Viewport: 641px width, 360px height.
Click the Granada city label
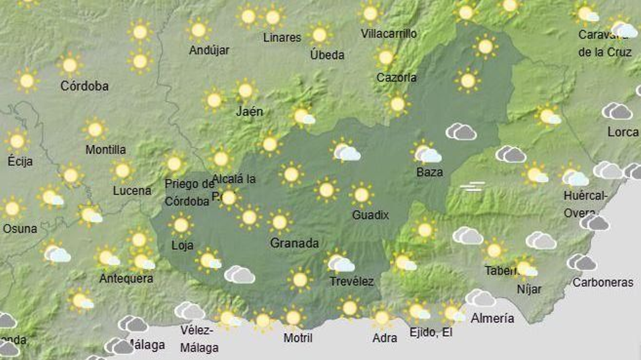pos(294,243)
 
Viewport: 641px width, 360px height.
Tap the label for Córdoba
pos(84,86)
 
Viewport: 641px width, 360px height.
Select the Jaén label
pos(249,111)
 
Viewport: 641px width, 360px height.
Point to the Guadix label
pos(370,215)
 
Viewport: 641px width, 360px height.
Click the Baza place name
pos(429,172)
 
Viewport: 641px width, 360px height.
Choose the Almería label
pos(492,318)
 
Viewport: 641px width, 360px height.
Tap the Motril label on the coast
pos(298,338)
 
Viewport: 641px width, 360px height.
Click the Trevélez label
pos(351,282)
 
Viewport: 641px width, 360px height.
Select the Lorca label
pos(623,132)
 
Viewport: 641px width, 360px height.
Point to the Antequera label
pos(126,278)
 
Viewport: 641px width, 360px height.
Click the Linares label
pos(282,38)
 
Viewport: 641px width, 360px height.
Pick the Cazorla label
pos(396,77)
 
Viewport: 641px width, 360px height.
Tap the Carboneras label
pos(603,282)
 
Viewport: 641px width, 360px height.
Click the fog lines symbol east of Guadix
pos(473,187)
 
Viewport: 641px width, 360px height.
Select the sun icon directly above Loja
pos(181,225)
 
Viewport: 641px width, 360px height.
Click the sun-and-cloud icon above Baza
pos(426,153)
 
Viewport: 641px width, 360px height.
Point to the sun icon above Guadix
pos(361,195)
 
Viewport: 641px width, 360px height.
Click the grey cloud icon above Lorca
pos(617,111)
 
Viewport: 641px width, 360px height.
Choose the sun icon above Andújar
pos(198,30)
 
